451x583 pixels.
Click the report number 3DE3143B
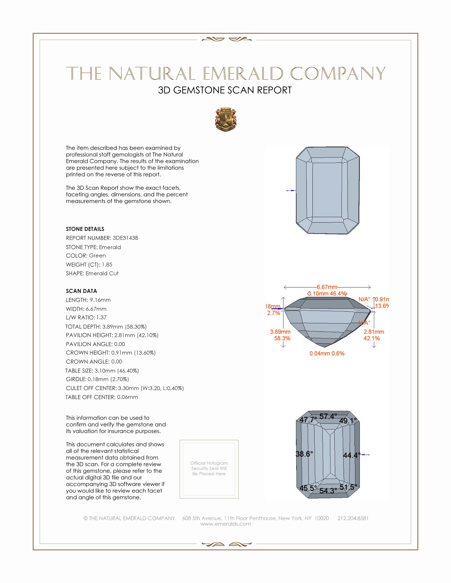tap(125, 238)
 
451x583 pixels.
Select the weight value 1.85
tap(107, 264)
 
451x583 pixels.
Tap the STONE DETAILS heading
tap(85, 229)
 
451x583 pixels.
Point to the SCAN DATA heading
tap(81, 291)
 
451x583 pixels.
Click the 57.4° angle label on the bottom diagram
tap(328, 416)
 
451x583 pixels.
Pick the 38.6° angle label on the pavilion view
tap(304, 454)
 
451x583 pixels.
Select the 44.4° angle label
tap(351, 455)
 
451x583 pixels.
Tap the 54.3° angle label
tap(328, 491)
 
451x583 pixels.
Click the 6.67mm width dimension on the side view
tap(327, 287)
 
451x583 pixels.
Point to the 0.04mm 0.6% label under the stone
tap(327, 354)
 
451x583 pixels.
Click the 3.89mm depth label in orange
tap(280, 332)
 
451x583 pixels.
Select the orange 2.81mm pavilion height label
tap(374, 332)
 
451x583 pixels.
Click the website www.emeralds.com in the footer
tap(226, 524)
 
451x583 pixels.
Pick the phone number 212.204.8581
tap(353, 518)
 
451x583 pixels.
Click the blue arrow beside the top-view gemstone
tap(291, 191)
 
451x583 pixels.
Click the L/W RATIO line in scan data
tap(86, 317)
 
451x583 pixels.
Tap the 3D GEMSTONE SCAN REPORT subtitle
tap(225, 90)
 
